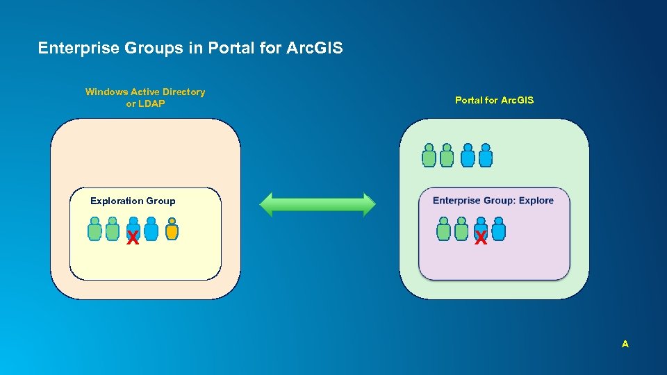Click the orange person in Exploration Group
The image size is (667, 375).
[x=172, y=229]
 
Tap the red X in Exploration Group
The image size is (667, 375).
[x=132, y=239]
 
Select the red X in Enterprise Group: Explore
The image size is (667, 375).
[x=480, y=239]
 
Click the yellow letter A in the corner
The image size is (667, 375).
[x=625, y=344]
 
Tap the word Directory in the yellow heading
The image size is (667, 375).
[x=184, y=92]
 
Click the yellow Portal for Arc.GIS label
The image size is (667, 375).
[x=494, y=100]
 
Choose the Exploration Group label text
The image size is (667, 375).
[x=133, y=201]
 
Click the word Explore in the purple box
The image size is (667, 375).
[x=536, y=201]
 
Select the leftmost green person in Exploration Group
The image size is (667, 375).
[x=94, y=229]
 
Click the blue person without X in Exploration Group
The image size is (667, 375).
[x=151, y=229]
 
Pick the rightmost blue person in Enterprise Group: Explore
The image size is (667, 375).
[x=498, y=229]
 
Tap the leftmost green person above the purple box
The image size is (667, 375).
[x=429, y=156]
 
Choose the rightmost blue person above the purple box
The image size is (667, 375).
[x=486, y=156]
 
